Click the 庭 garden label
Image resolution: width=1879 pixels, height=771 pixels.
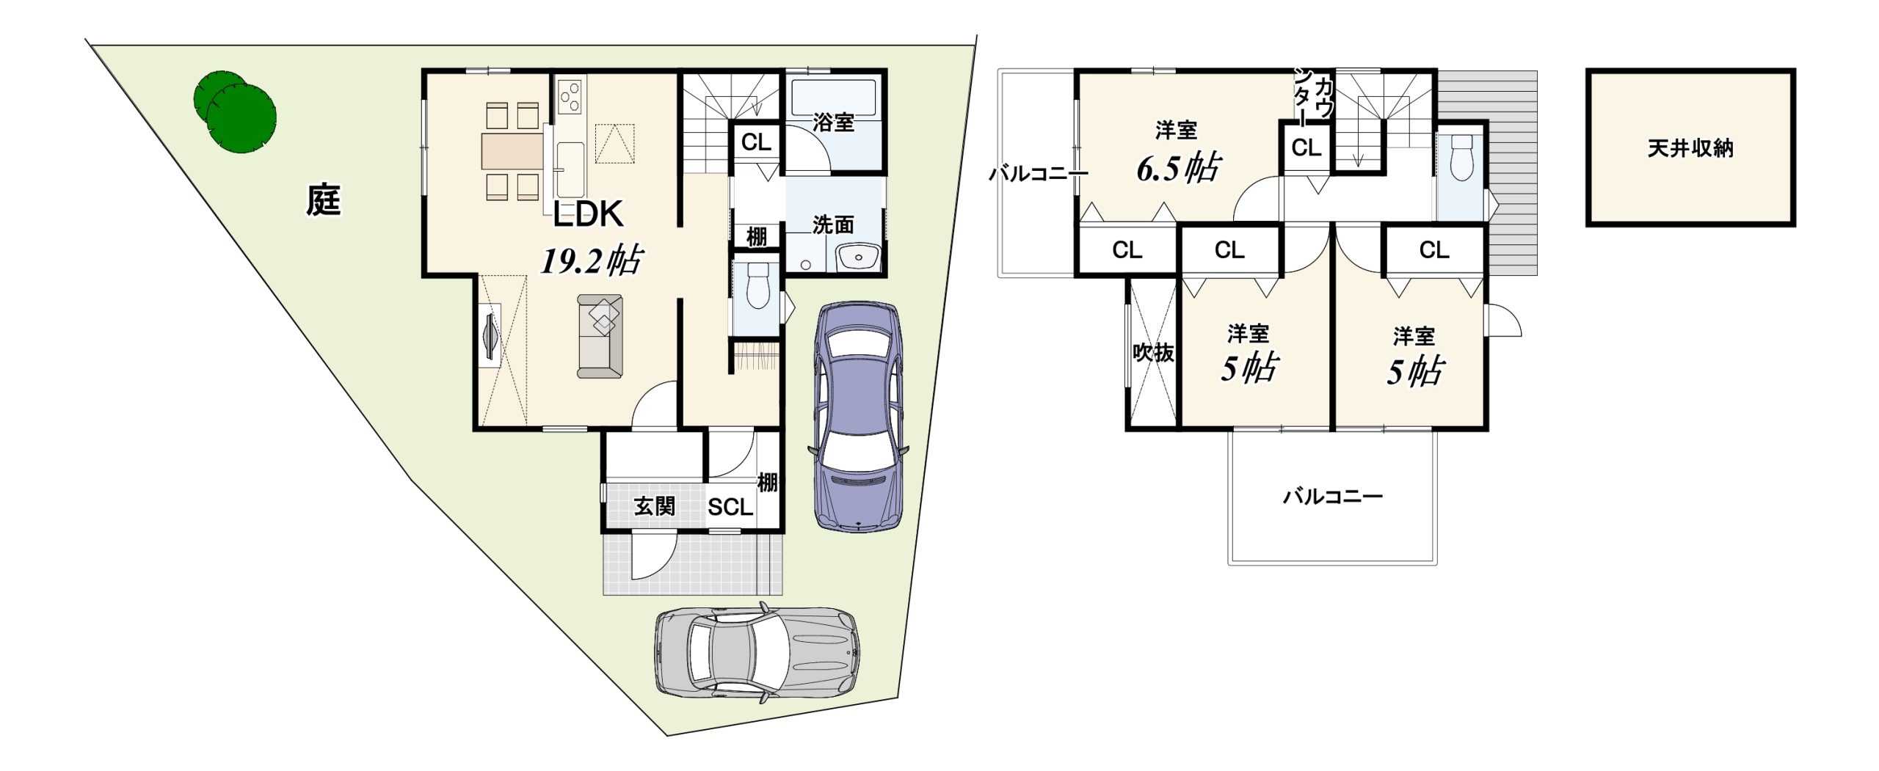(324, 200)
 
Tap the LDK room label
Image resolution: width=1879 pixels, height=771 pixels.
(588, 214)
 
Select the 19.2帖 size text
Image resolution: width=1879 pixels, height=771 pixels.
(592, 260)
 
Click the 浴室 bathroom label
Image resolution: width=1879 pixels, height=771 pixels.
(834, 123)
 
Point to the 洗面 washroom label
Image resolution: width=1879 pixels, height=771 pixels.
(834, 224)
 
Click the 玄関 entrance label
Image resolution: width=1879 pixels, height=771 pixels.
(654, 506)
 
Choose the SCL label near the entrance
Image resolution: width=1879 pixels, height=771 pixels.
(730, 507)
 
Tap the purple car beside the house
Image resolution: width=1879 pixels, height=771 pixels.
(859, 415)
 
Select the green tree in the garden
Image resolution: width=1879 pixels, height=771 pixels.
(236, 112)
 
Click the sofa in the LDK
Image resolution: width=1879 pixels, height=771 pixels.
(600, 336)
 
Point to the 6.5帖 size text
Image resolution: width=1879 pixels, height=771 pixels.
(1179, 168)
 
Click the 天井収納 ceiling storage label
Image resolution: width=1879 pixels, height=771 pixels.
(1690, 149)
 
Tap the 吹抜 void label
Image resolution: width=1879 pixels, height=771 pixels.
(1154, 353)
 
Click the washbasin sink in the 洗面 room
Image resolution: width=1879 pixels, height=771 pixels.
(857, 258)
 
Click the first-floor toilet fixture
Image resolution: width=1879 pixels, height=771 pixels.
(757, 285)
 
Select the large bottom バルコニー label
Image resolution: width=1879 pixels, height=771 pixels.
(1333, 497)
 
